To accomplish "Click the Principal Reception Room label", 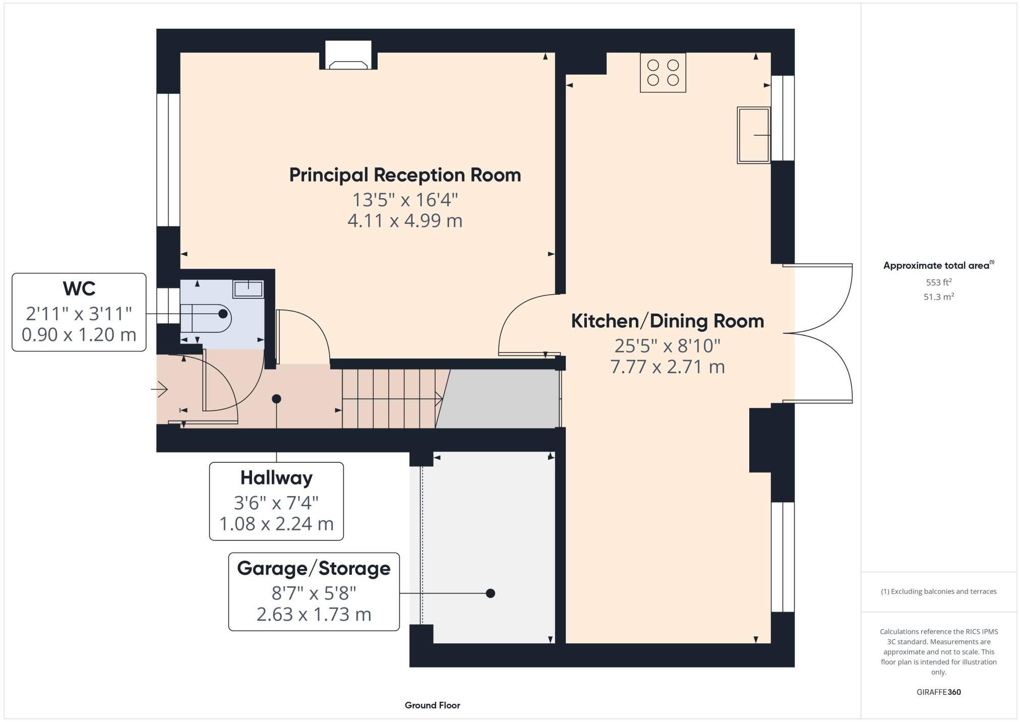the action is (x=405, y=175).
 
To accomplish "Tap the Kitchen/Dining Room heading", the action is (x=667, y=321).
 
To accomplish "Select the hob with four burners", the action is (x=663, y=73).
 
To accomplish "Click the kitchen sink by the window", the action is (x=753, y=135).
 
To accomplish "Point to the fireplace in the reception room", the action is (x=348, y=55).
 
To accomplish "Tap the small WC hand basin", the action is (x=248, y=289).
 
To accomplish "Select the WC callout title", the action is (x=79, y=289).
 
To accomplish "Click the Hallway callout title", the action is (x=276, y=478).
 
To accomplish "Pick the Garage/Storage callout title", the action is (x=314, y=568).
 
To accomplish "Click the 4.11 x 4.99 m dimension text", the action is (x=405, y=221).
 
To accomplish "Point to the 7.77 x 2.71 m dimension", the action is (x=668, y=367).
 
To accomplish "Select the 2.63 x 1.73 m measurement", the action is (x=314, y=614).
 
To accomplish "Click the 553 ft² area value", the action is (x=938, y=282).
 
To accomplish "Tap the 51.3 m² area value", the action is (x=938, y=297).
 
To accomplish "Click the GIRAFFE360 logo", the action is (x=938, y=692).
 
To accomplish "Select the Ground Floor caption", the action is (x=432, y=705).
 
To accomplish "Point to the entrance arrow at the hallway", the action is (x=159, y=389).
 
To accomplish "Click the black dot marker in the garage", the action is (x=490, y=593).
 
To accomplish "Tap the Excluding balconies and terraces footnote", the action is (x=938, y=591).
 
